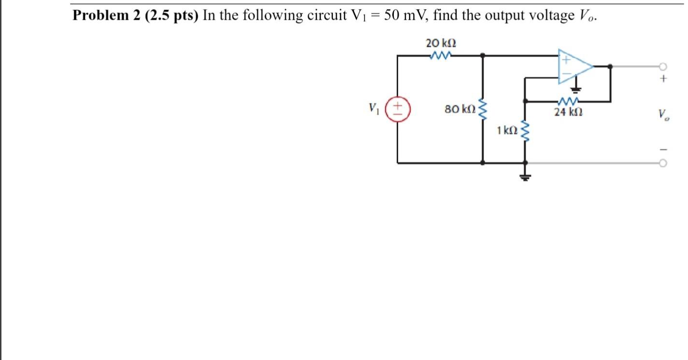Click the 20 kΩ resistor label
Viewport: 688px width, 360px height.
click(x=441, y=43)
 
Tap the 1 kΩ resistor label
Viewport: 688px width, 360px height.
click(x=507, y=130)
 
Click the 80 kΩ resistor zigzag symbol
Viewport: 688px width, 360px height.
click(x=483, y=109)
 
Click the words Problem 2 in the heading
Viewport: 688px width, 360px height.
click(x=102, y=15)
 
